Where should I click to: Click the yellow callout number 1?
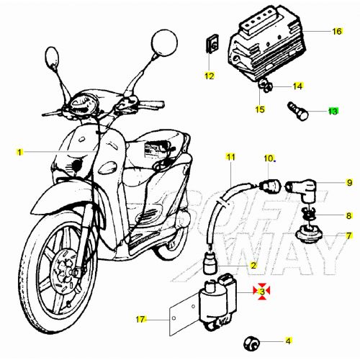[20, 152]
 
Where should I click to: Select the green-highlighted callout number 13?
[332, 111]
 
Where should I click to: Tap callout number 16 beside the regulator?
[337, 32]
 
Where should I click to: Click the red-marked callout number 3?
[264, 291]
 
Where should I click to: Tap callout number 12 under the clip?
[209, 75]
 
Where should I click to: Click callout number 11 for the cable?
[230, 156]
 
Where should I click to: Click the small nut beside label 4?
[253, 341]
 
